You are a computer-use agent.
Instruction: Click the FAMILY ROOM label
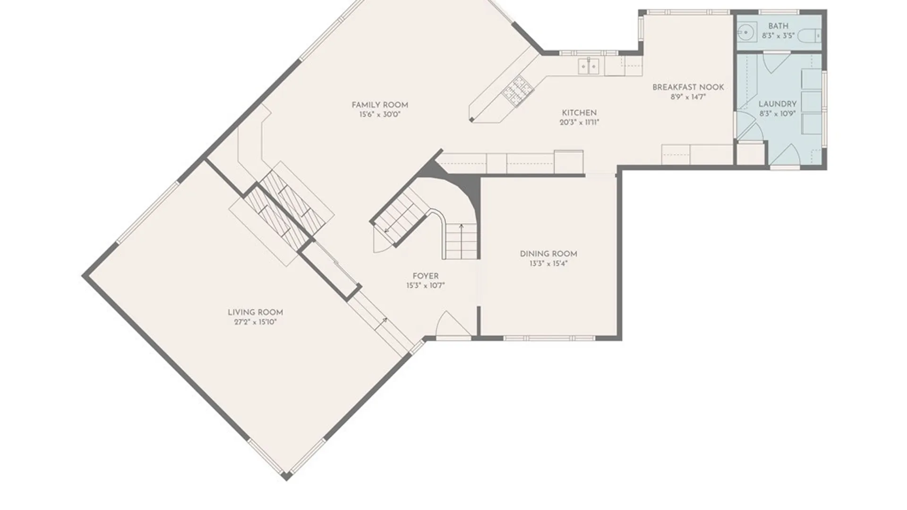click(380, 105)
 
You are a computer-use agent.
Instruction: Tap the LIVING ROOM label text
click(255, 312)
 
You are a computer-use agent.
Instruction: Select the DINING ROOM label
click(548, 254)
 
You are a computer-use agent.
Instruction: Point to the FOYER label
click(425, 276)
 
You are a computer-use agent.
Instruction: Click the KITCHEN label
click(579, 112)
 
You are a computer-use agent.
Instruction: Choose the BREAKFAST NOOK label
click(688, 87)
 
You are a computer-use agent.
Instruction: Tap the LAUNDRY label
click(777, 104)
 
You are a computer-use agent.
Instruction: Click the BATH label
click(778, 26)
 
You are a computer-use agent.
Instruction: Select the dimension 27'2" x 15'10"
click(255, 322)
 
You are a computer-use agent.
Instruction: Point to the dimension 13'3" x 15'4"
click(548, 263)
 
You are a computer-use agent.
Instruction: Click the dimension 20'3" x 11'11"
click(579, 122)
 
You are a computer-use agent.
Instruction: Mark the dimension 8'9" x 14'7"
click(688, 97)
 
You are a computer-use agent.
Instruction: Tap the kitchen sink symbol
click(589, 67)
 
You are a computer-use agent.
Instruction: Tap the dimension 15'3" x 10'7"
click(425, 286)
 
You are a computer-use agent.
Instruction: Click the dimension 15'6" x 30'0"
click(380, 115)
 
